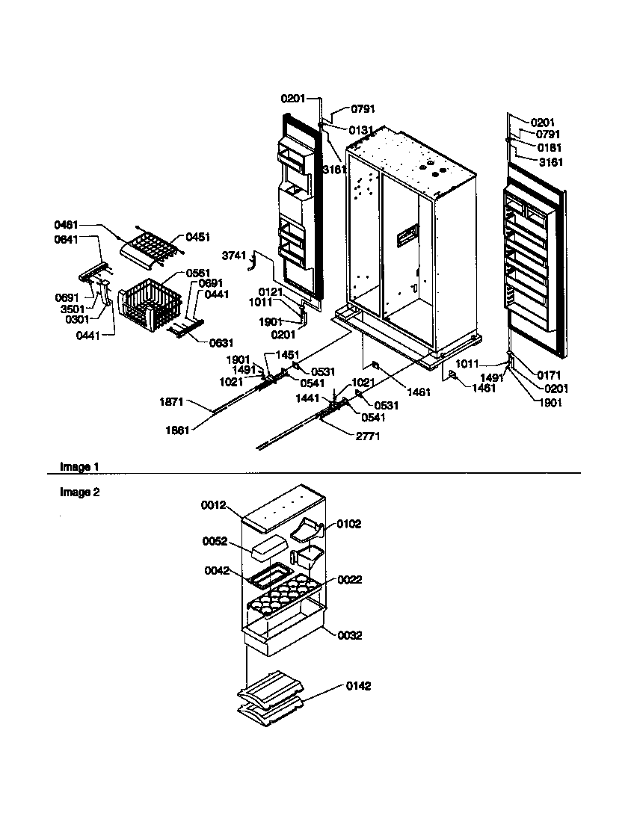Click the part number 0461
[67, 225]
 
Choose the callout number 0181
[550, 148]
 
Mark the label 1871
[171, 402]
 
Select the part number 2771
[367, 436]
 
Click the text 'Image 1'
[80, 467]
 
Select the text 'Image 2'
[80, 492]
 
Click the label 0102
[348, 524]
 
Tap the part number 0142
[358, 686]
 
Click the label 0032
[349, 636]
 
